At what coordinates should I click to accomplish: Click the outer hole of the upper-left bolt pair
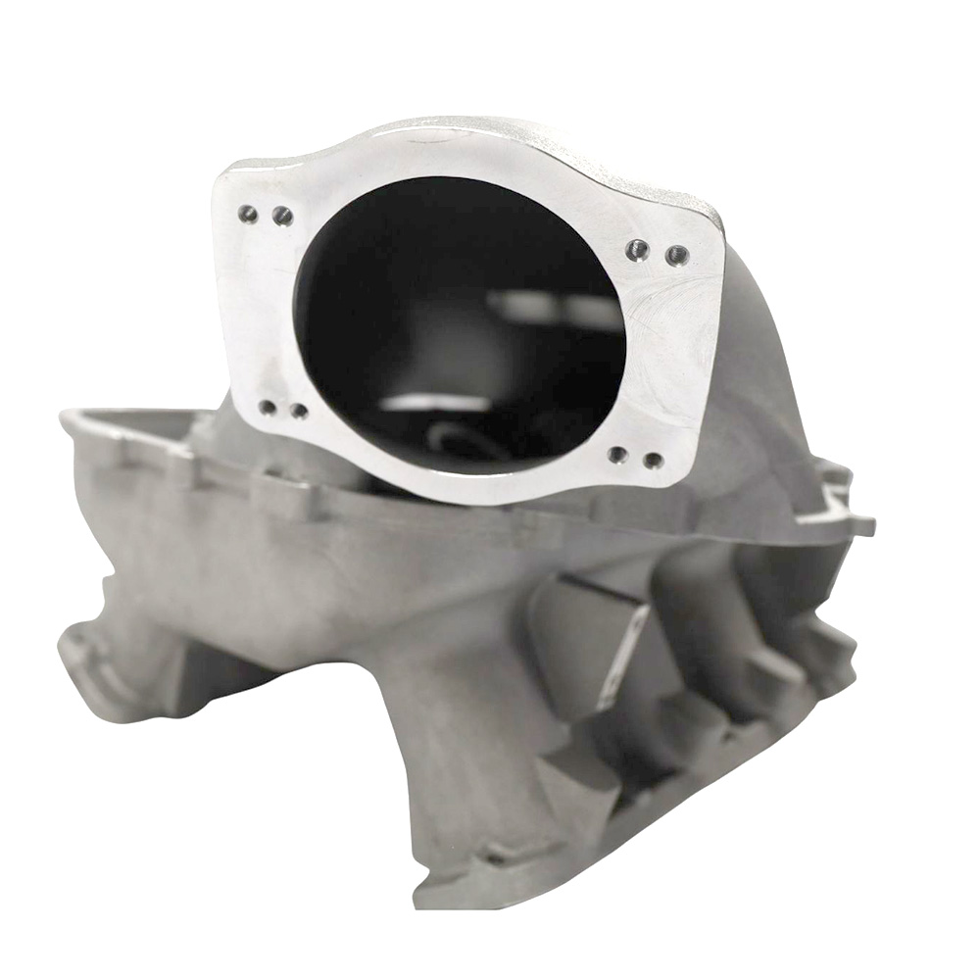[x=248, y=213]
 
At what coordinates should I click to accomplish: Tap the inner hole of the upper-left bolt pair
[x=282, y=216]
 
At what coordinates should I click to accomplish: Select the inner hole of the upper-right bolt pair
[x=638, y=250]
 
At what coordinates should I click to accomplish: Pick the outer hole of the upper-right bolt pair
[x=676, y=256]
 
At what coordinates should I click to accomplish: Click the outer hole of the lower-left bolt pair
[x=267, y=407]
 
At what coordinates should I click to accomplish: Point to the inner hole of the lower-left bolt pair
[x=298, y=412]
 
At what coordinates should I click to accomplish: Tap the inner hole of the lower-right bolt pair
[x=617, y=454]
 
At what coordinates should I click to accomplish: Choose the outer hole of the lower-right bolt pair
[x=653, y=460]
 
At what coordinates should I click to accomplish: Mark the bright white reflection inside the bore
[x=431, y=402]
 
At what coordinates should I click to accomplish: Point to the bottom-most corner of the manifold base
[x=431, y=897]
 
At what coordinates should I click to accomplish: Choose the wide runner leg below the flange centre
[x=461, y=745]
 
